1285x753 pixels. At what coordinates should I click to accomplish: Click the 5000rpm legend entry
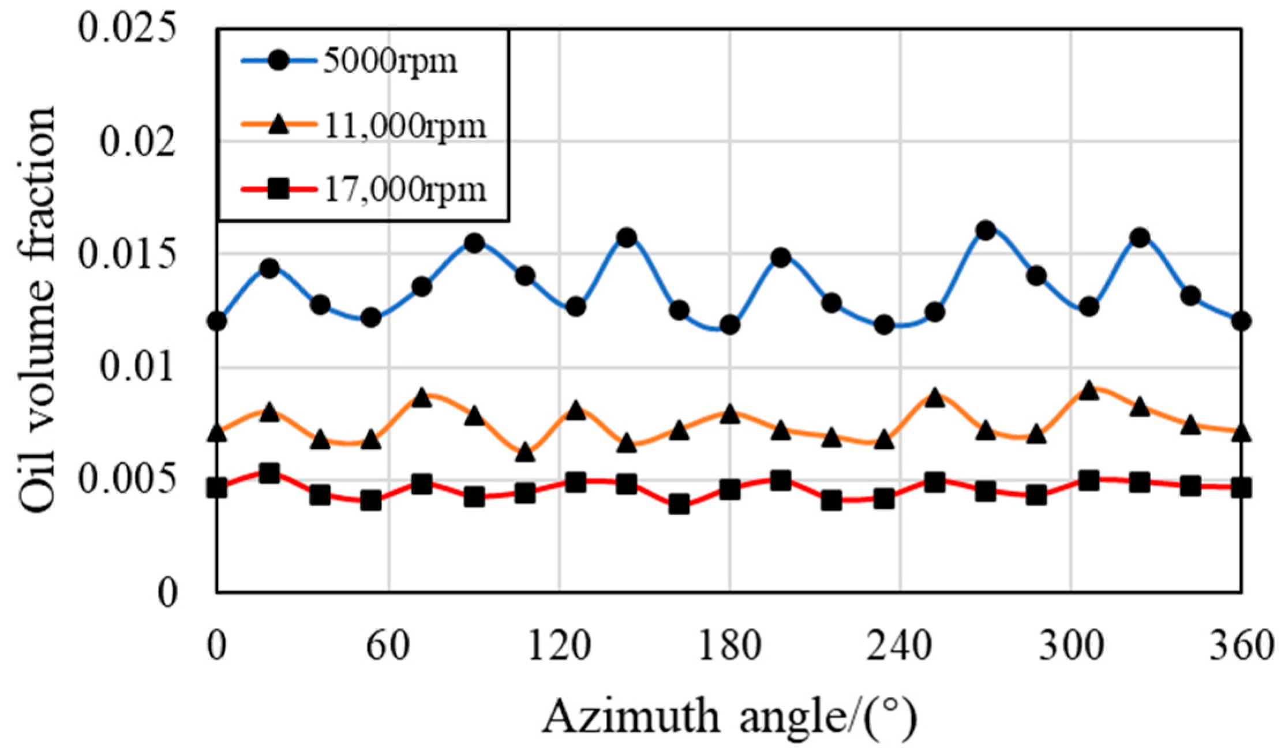click(x=390, y=61)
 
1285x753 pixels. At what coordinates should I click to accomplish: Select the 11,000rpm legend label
click(x=406, y=126)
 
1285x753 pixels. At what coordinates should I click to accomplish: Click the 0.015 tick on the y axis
click(x=126, y=254)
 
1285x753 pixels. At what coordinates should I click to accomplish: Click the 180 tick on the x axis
click(x=729, y=646)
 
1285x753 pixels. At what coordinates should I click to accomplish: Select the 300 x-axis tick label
click(x=1071, y=646)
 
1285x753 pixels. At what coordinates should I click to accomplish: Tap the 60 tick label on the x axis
click(x=388, y=646)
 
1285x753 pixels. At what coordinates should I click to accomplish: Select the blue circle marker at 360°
click(x=1242, y=320)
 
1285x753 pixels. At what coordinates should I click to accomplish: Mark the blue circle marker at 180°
click(x=730, y=325)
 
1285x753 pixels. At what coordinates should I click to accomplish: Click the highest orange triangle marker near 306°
click(x=1088, y=391)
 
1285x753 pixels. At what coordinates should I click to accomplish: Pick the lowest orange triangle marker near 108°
click(x=525, y=453)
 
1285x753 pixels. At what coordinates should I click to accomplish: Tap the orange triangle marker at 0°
click(x=217, y=433)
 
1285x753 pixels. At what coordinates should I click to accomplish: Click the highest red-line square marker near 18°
click(x=269, y=474)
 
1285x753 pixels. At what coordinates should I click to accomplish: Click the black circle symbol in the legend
click(x=279, y=61)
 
